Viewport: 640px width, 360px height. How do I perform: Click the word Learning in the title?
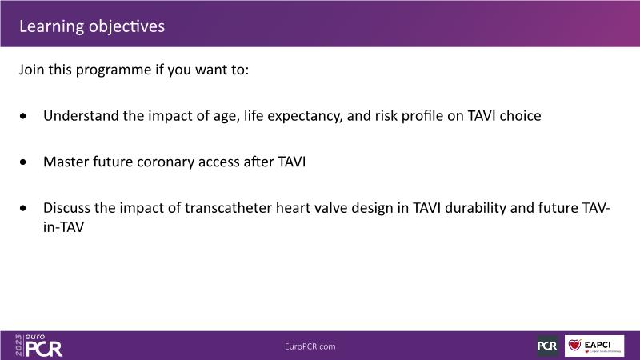point(51,27)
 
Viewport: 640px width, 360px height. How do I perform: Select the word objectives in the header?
point(126,27)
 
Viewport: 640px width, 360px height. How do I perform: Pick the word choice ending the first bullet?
point(521,116)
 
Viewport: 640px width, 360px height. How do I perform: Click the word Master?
point(66,162)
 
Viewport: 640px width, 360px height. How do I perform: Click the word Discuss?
point(66,208)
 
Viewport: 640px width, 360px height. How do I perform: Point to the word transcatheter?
point(228,208)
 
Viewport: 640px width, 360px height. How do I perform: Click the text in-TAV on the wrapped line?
point(63,227)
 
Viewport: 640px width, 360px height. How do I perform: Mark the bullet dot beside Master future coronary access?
point(23,162)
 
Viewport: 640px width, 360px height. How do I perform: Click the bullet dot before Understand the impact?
point(23,116)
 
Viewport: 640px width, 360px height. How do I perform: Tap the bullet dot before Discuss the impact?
point(23,208)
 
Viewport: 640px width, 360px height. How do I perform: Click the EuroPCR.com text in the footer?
point(310,346)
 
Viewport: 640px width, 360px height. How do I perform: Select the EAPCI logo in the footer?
point(594,346)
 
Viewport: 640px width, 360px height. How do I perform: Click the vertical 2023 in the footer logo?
point(18,346)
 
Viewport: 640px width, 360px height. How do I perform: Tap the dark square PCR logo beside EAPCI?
point(547,346)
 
